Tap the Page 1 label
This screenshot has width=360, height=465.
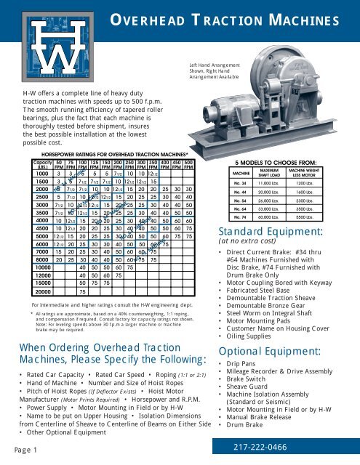22,451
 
